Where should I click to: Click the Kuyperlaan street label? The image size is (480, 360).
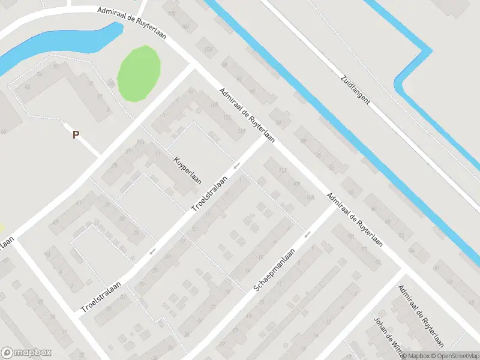(188, 171)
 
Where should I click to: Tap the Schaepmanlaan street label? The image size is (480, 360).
(276, 271)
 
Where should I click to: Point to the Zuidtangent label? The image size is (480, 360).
(355, 89)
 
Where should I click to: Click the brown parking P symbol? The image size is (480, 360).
(76, 134)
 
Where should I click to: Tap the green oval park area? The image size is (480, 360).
(139, 73)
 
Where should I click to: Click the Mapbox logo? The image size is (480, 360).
(26, 353)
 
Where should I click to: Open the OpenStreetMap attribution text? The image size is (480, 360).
(455, 356)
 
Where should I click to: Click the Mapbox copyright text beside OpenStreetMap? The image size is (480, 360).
(416, 356)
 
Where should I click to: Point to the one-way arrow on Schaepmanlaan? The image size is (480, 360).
(308, 233)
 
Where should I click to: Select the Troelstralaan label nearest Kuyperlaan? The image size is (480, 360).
(210, 193)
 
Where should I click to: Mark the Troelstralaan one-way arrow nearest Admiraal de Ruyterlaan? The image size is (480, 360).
(238, 165)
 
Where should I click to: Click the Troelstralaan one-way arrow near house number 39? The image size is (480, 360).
(153, 250)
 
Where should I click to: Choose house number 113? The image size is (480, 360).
(283, 172)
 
